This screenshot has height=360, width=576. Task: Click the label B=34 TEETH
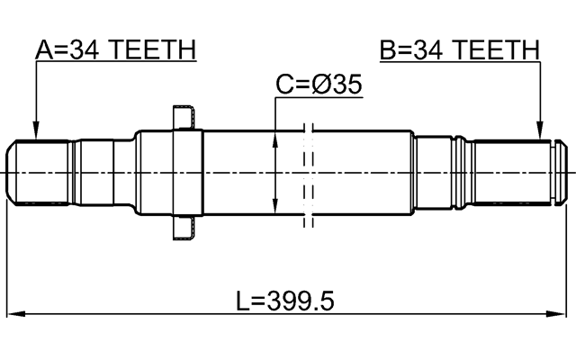[459, 49]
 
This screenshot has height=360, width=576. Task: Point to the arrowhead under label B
[540, 134]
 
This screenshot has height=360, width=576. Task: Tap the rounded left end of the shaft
[12, 172]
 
